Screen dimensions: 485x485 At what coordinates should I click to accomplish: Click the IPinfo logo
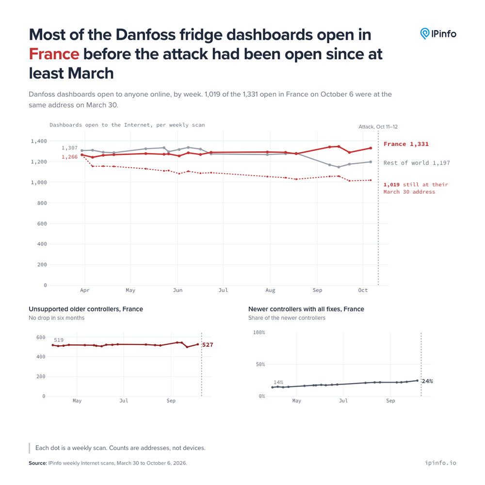(x=438, y=34)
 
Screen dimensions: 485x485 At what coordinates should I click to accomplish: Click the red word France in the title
(x=54, y=54)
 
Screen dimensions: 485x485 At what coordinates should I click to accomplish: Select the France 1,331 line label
(x=406, y=144)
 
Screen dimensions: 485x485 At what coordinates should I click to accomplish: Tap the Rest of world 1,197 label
(x=417, y=163)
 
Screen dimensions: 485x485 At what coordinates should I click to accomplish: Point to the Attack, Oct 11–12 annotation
(x=378, y=127)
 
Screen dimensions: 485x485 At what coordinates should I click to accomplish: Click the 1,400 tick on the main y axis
(x=39, y=141)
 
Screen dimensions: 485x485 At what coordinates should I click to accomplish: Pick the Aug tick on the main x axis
(x=270, y=290)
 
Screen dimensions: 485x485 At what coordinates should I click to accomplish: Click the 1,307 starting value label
(x=69, y=148)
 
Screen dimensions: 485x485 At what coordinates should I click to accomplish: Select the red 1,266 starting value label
(x=69, y=157)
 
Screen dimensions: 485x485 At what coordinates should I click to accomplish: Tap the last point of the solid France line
(x=371, y=148)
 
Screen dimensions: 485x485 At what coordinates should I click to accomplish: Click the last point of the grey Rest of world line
(x=371, y=162)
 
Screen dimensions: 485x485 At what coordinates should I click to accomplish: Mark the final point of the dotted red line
(x=371, y=180)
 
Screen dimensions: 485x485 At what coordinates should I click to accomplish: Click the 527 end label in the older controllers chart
(x=208, y=345)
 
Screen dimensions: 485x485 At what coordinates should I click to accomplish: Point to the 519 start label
(x=59, y=340)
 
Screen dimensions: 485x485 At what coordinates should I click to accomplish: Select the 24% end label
(x=427, y=381)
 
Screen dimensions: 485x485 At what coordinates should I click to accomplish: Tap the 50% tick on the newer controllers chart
(x=260, y=364)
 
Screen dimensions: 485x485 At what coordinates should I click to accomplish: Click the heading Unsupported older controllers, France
(x=86, y=309)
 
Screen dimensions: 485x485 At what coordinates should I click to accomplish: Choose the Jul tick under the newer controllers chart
(x=343, y=401)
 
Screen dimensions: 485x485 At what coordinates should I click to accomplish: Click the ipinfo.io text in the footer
(x=440, y=463)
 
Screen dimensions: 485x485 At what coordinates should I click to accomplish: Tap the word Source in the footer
(x=38, y=463)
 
